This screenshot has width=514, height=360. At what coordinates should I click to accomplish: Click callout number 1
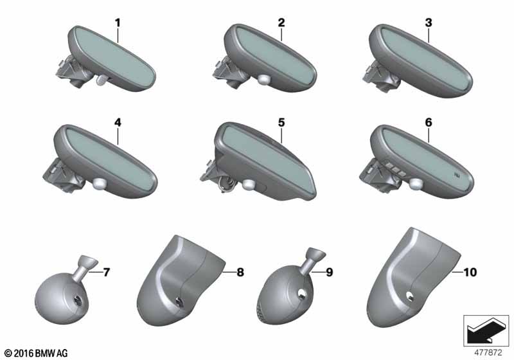118,23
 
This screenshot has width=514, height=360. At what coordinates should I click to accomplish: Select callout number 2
281,23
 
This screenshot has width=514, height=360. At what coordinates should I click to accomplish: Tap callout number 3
429,23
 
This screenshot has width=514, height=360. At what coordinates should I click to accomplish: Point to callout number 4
118,123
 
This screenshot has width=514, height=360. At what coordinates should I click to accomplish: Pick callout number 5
281,123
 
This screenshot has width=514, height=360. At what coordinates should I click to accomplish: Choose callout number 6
429,123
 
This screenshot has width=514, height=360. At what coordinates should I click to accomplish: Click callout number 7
106,272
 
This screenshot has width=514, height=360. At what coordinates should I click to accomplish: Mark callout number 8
240,272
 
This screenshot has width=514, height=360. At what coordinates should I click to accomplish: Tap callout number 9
329,272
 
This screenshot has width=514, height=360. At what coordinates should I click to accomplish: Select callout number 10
470,272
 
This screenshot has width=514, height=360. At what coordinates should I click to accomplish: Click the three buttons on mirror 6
394,167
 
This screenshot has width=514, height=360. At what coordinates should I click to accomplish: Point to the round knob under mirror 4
100,183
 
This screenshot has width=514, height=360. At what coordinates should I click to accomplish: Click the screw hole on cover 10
409,296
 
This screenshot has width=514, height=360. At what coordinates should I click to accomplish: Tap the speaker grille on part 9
261,312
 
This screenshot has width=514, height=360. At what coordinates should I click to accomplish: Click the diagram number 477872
488,352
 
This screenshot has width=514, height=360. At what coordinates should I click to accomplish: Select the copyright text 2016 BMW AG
36,353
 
